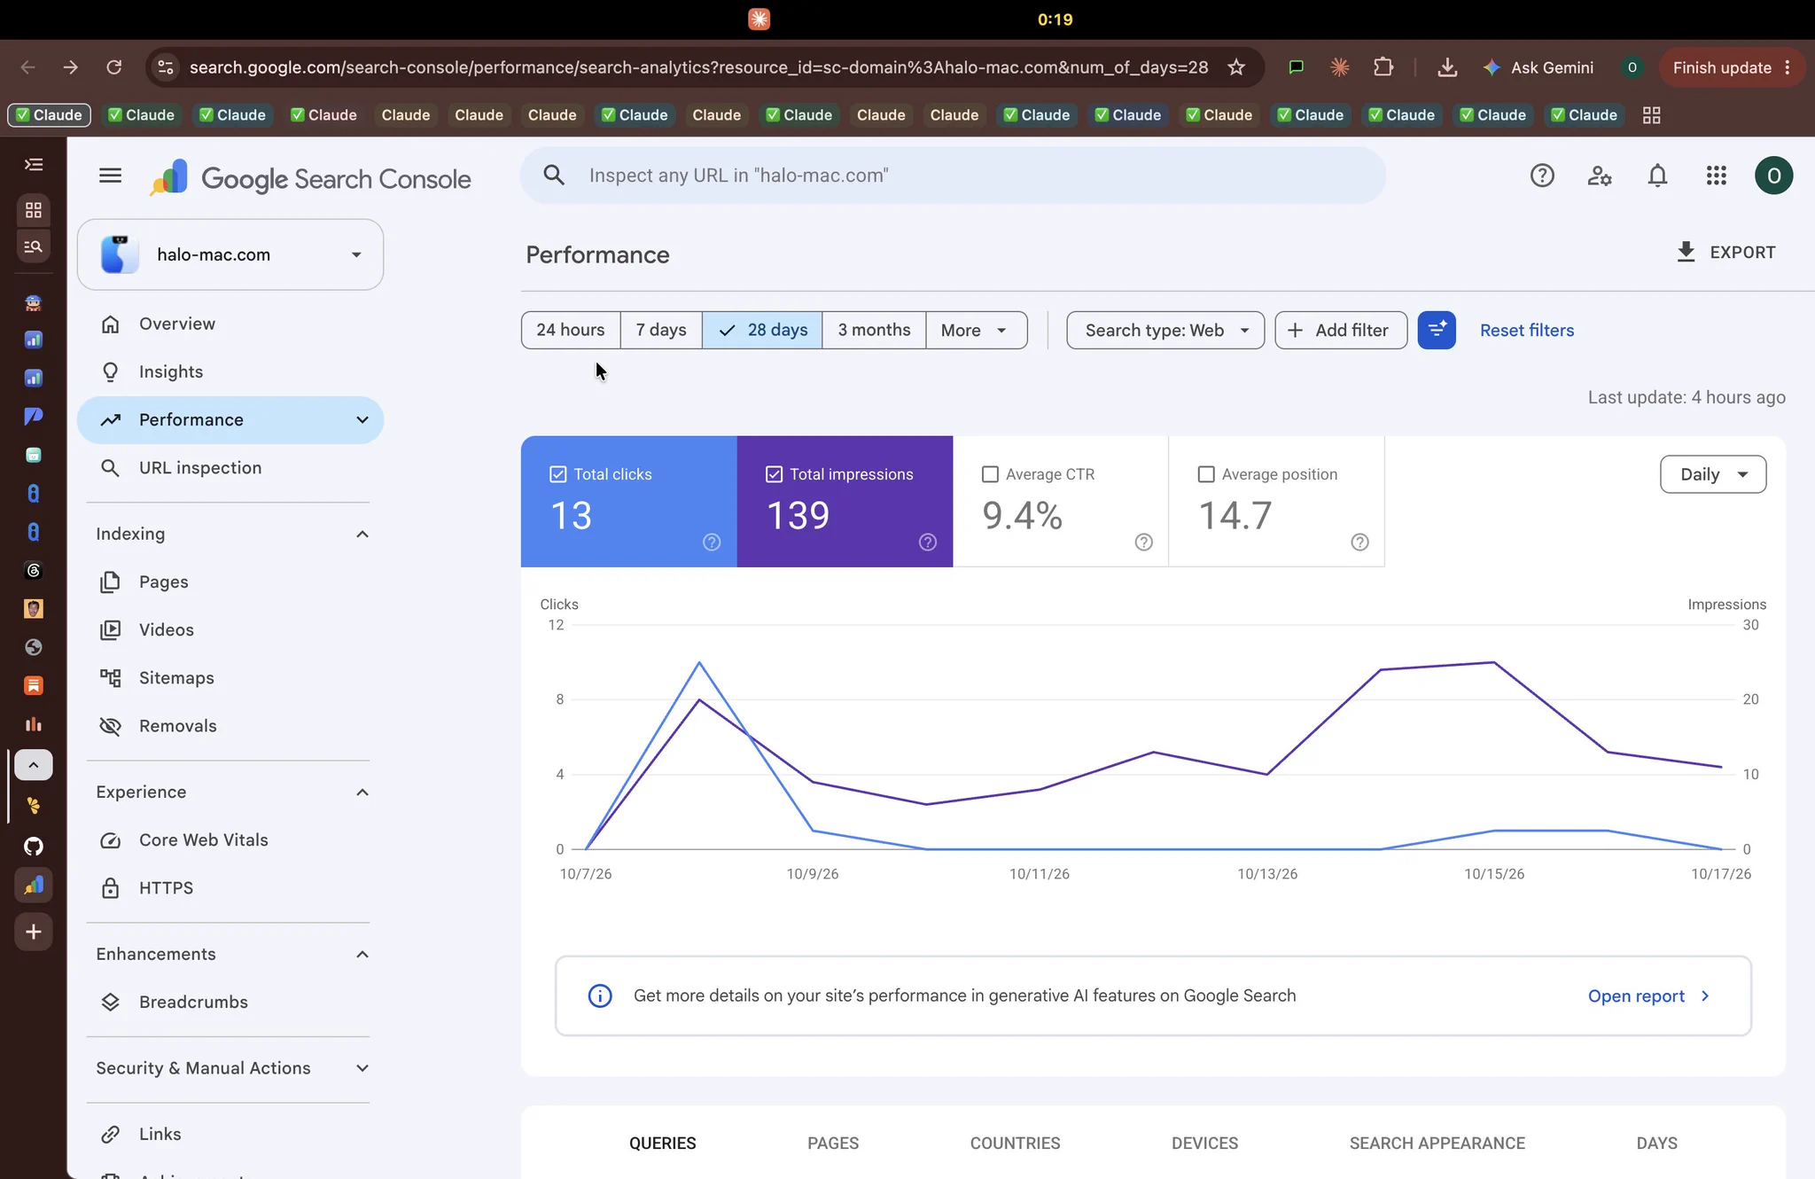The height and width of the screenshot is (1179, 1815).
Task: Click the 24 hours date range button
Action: tap(571, 330)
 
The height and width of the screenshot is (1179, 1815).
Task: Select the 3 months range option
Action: tap(874, 330)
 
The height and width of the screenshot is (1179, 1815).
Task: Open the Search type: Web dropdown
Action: tap(1165, 330)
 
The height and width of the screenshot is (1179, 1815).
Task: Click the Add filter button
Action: tap(1341, 330)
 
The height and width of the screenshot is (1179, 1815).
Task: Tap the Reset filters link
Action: tap(1527, 330)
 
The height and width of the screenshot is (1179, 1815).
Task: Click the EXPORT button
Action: tap(1726, 253)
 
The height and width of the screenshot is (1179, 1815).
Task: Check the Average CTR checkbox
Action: tap(991, 474)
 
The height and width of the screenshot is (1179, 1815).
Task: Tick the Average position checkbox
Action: tap(1206, 474)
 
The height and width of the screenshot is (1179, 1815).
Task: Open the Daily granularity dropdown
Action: tap(1712, 474)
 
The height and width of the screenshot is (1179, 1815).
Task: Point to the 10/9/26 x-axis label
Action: tap(813, 874)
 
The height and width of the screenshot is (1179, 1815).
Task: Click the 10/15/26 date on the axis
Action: tap(1494, 874)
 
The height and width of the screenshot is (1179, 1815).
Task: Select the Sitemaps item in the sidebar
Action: tap(176, 678)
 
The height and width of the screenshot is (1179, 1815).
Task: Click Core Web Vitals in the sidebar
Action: tap(204, 840)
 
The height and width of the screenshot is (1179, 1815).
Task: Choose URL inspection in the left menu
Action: tap(200, 468)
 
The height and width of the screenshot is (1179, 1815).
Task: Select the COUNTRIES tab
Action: tap(1015, 1144)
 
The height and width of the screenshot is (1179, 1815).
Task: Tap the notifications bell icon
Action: tap(1657, 176)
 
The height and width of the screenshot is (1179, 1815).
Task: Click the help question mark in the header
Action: tap(1542, 176)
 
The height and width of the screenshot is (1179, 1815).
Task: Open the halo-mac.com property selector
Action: tap(230, 254)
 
